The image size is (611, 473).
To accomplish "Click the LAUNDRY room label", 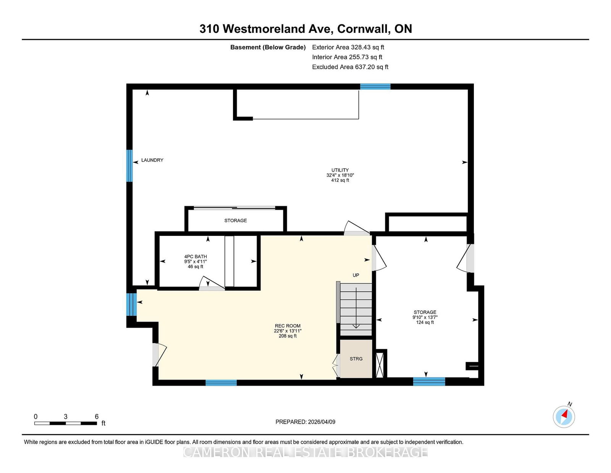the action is (x=152, y=160).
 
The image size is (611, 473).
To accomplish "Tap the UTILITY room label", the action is (x=340, y=170).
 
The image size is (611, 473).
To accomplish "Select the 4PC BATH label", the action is (x=196, y=257).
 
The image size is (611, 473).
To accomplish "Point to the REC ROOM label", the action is (x=288, y=326).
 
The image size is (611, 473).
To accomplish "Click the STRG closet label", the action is (x=356, y=359).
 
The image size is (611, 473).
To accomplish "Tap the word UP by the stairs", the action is (x=356, y=275).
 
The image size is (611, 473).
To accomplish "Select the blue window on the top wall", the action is (x=375, y=86).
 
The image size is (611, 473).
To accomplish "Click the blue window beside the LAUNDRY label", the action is (x=129, y=166).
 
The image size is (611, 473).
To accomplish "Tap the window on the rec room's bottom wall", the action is (x=221, y=383).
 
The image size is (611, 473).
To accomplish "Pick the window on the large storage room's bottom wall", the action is (x=429, y=382).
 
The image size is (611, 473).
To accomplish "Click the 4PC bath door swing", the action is (x=212, y=283).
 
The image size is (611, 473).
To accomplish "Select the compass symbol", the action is (x=564, y=417).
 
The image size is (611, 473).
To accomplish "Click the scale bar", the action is (x=66, y=423).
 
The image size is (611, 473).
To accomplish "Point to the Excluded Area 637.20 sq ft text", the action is (x=350, y=67).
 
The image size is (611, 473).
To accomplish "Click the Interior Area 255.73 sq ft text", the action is (x=347, y=57).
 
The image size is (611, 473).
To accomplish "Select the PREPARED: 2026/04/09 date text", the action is (x=305, y=422).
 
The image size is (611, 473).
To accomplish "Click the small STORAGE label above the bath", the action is (x=236, y=221).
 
